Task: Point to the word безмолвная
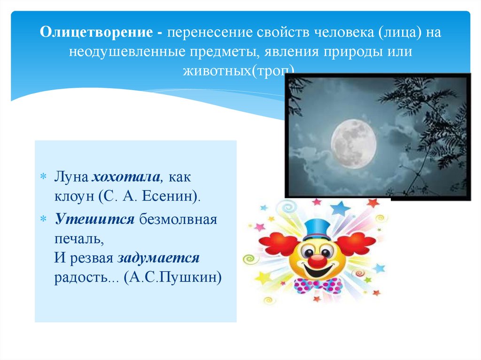178,220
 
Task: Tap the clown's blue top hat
317,229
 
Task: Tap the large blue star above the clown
340,207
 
